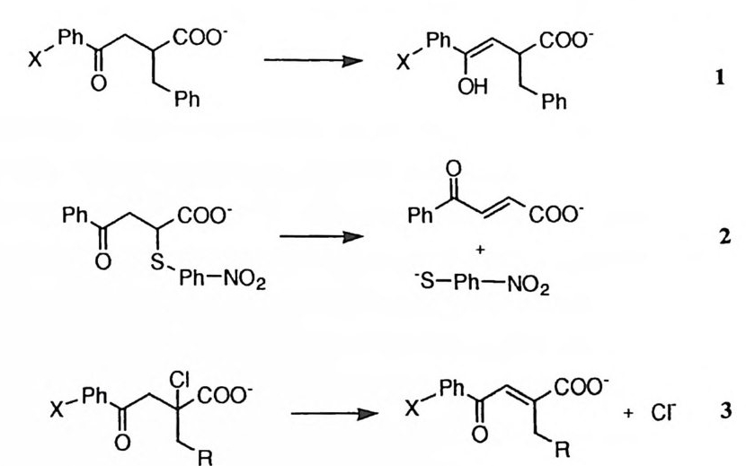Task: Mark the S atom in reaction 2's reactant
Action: (132, 261)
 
